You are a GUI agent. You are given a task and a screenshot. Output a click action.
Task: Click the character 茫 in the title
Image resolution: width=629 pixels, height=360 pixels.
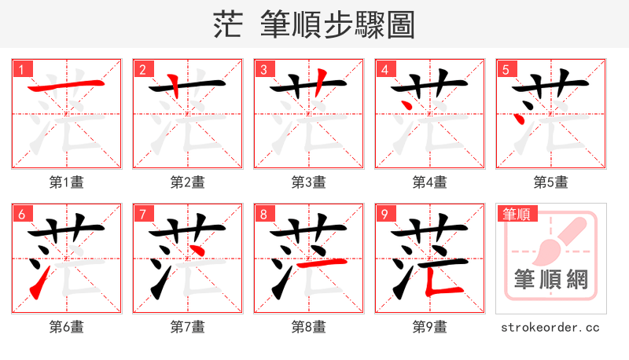(x=228, y=25)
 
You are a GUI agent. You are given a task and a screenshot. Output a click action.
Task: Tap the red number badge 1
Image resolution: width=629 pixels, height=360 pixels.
(x=21, y=69)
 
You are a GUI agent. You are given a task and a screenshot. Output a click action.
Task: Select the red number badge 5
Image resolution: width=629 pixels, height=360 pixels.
(x=506, y=69)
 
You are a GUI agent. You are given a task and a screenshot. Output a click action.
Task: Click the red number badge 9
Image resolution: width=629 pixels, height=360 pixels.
(x=384, y=214)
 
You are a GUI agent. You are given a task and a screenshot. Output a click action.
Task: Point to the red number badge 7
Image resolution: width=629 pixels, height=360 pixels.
(x=142, y=214)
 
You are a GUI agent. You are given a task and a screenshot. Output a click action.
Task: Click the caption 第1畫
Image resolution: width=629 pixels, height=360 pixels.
(x=67, y=182)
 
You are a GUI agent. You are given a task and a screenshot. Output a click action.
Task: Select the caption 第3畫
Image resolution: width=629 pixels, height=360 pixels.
(x=309, y=182)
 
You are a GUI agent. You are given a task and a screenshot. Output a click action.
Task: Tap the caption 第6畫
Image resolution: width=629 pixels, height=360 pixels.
(x=67, y=326)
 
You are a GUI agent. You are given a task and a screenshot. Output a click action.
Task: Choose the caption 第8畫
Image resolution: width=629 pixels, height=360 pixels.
(x=309, y=326)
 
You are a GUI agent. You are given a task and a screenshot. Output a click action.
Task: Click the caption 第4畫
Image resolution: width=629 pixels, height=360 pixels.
(x=430, y=182)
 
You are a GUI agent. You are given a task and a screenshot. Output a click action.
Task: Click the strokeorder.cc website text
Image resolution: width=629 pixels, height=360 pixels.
(x=550, y=326)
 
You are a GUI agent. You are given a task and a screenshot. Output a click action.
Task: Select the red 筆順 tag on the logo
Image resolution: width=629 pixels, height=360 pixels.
(x=516, y=214)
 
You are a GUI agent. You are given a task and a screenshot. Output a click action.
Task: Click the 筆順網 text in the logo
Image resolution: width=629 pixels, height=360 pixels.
(x=550, y=281)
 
